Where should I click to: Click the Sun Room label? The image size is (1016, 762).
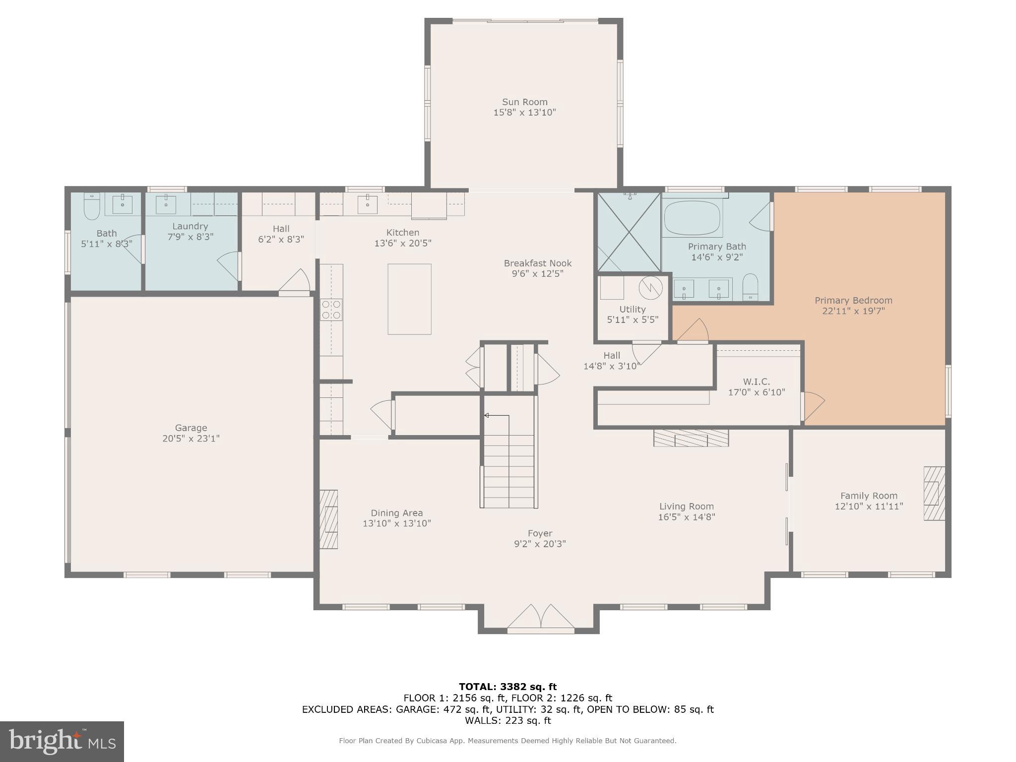click(x=524, y=102)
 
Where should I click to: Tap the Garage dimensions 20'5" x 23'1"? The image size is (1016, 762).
click(x=190, y=439)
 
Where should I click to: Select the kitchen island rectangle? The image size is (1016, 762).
click(x=409, y=299)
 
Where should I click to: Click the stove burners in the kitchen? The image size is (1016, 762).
click(x=331, y=310)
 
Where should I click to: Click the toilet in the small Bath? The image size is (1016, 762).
click(x=92, y=207)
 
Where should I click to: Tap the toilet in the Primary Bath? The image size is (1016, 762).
click(x=750, y=287)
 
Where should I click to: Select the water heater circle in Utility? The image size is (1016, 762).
click(x=650, y=288)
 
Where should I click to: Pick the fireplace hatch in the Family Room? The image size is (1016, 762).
click(x=934, y=493)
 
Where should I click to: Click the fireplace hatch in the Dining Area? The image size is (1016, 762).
click(x=328, y=519)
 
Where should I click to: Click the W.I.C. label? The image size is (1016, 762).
click(x=756, y=381)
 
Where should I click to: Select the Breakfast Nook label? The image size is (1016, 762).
click(x=538, y=263)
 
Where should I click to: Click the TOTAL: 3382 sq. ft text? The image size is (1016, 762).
click(x=508, y=687)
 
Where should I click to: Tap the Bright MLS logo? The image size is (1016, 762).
click(x=62, y=742)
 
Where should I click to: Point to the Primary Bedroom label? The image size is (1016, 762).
click(x=853, y=300)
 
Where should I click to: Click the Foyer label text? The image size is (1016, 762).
click(x=540, y=533)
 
